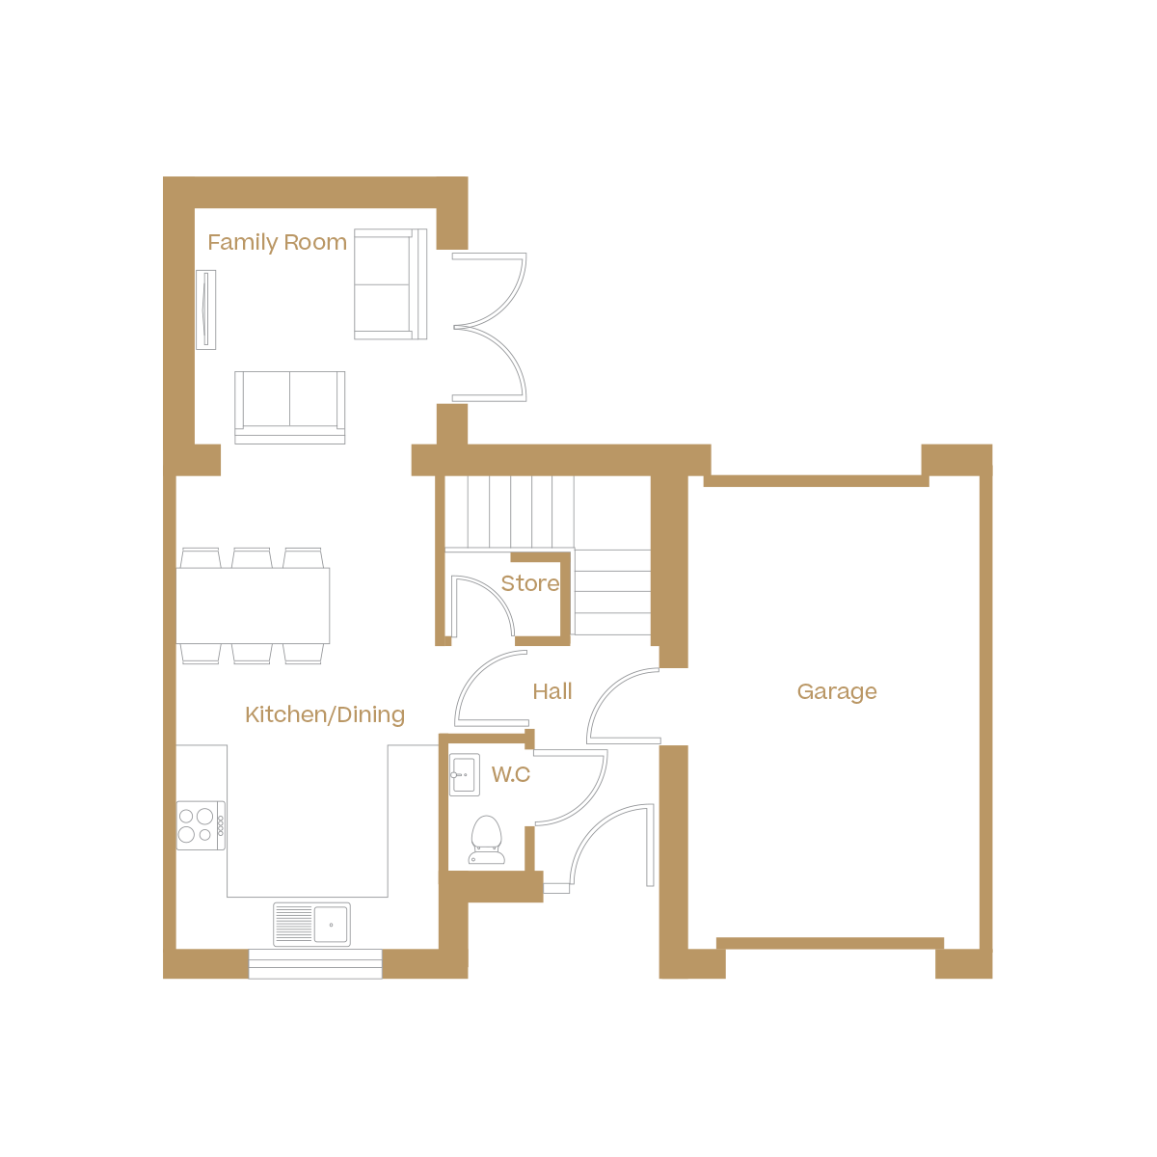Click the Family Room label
pyautogui.click(x=277, y=242)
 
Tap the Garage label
pyautogui.click(x=837, y=691)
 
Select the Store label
pyautogui.click(x=529, y=583)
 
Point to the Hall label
pyautogui.click(x=552, y=691)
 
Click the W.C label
pyautogui.click(x=510, y=774)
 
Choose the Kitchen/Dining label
pyautogui.click(x=324, y=714)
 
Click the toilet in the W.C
pyautogui.click(x=486, y=840)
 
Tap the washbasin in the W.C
pyautogui.click(x=465, y=774)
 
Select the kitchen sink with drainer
pyautogui.click(x=311, y=924)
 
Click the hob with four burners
pyautogui.click(x=201, y=825)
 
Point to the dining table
pyautogui.click(x=254, y=605)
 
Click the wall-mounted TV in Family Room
pyautogui.click(x=205, y=309)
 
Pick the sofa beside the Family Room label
pyautogui.click(x=390, y=284)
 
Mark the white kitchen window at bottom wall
pyautogui.click(x=315, y=963)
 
